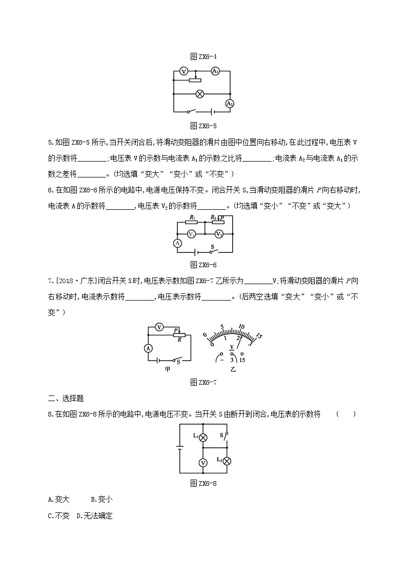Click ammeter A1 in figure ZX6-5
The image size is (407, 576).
[216, 71]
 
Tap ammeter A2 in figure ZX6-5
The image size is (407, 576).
[230, 103]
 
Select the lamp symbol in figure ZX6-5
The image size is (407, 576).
[201, 94]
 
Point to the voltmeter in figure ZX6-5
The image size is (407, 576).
[184, 72]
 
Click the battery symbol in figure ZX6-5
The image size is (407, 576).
[210, 111]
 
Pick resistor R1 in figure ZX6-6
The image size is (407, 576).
[191, 223]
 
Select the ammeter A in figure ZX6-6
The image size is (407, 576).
[177, 243]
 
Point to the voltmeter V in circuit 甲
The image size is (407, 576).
[159, 327]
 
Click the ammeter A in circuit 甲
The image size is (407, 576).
[148, 348]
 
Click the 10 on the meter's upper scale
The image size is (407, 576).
[241, 326]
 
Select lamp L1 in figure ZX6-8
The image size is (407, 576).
[203, 438]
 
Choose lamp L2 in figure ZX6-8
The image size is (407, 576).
[227, 461]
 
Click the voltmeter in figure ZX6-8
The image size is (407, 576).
[203, 463]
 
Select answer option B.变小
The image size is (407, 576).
[101, 499]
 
